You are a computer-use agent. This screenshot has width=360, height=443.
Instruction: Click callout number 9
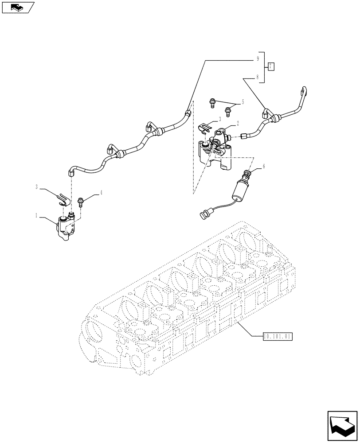point(257,58)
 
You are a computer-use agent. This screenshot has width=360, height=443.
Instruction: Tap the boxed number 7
point(271,67)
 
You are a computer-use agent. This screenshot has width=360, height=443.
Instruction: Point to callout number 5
point(243,103)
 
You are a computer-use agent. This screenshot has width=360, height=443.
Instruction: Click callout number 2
point(238,124)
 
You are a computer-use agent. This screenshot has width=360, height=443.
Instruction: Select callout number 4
point(102,192)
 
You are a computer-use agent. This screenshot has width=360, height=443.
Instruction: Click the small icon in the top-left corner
point(18,7)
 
